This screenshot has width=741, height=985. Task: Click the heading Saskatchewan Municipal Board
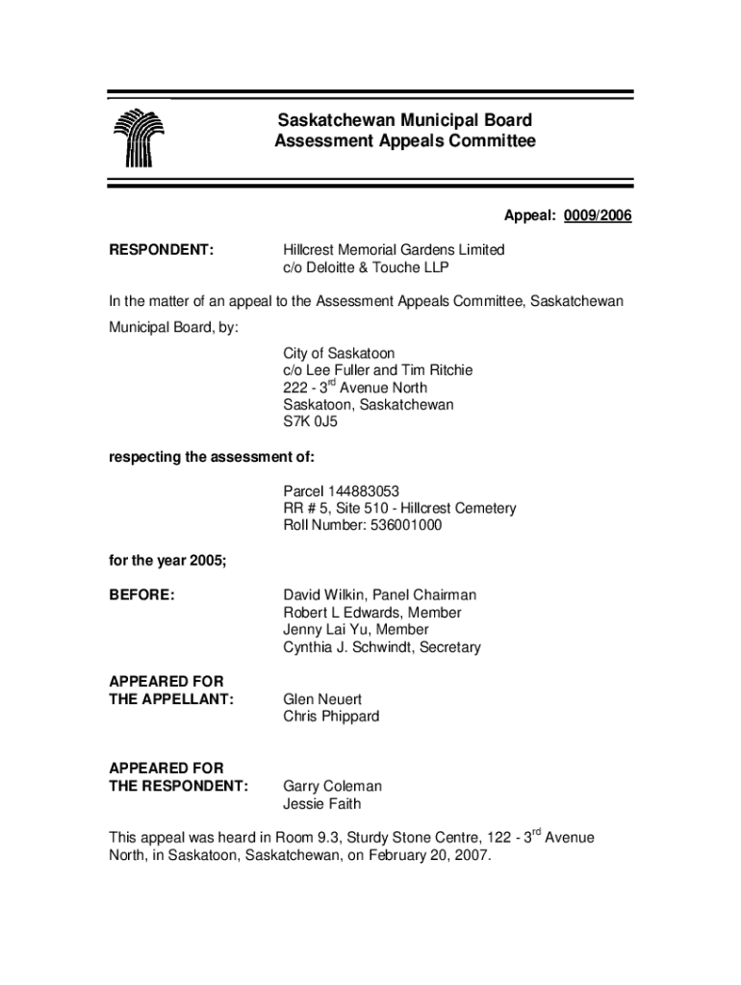(404, 121)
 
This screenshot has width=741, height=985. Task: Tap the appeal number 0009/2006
(599, 215)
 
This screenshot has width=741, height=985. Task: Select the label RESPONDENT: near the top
(160, 250)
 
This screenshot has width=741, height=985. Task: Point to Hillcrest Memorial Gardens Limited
(393, 250)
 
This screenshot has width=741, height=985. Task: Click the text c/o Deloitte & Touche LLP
(365, 267)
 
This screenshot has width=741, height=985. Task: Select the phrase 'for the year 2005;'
(166, 561)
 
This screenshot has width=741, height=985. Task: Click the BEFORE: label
(141, 595)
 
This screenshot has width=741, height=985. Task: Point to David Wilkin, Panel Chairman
(379, 595)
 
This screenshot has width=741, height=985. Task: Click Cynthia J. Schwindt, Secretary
(381, 647)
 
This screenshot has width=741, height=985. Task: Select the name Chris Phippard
(331, 717)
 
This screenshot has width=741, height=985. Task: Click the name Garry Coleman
(332, 786)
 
